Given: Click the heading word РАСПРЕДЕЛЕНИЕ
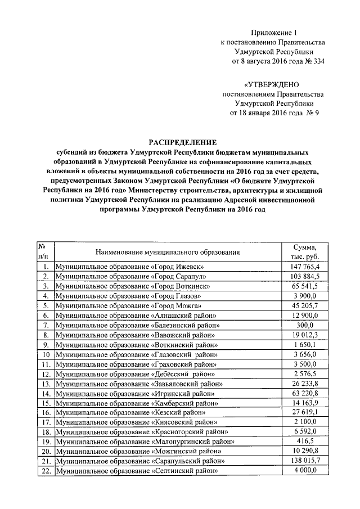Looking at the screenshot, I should [182, 142].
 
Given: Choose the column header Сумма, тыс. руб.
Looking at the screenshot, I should [304, 252].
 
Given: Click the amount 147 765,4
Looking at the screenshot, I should [304, 266].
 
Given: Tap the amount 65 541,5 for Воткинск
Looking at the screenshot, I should [304, 286].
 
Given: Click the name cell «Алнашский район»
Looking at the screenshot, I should [136, 316].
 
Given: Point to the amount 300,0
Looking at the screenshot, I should [304, 325].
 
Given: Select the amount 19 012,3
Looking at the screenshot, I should [304, 335].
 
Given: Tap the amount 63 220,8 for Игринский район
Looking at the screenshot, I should [304, 394].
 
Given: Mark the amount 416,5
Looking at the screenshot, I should [304, 441].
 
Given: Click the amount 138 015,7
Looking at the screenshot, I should [304, 461].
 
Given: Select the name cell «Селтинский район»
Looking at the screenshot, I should [136, 471].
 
